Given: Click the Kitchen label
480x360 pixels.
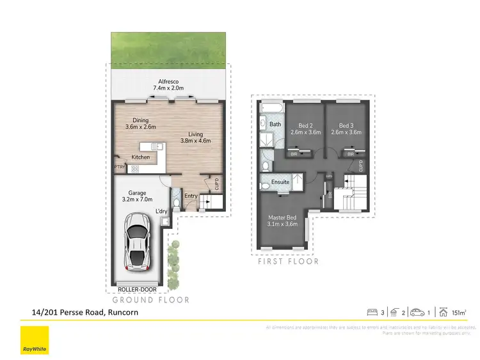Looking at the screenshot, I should point(141,157).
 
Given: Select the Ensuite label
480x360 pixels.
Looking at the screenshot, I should point(281,182).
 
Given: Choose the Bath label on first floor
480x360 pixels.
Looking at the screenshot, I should point(276,124).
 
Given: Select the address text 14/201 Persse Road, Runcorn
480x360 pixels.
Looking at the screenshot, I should point(85,313).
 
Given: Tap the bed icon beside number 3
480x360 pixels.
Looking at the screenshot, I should point(371,313).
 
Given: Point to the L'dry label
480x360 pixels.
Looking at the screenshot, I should point(162,212).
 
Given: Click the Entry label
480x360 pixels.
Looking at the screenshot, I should point(191,196).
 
